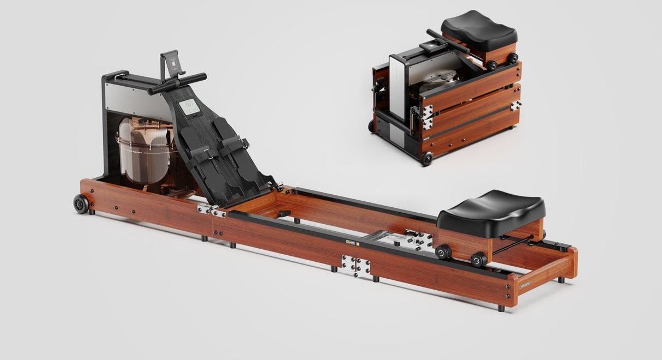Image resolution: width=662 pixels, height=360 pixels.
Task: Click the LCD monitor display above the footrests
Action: click(189, 107)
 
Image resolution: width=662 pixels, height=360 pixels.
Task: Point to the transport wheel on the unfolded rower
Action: click(81, 203)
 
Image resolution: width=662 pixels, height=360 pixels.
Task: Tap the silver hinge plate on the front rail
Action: click(356, 266)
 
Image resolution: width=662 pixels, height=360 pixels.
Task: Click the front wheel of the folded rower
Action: click(426, 159)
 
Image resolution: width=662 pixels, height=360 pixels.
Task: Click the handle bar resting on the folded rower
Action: click(447, 40)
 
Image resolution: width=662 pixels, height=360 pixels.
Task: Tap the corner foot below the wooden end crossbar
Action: click(561, 280)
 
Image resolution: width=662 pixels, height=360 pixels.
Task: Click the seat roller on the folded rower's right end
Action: click(512, 58)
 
